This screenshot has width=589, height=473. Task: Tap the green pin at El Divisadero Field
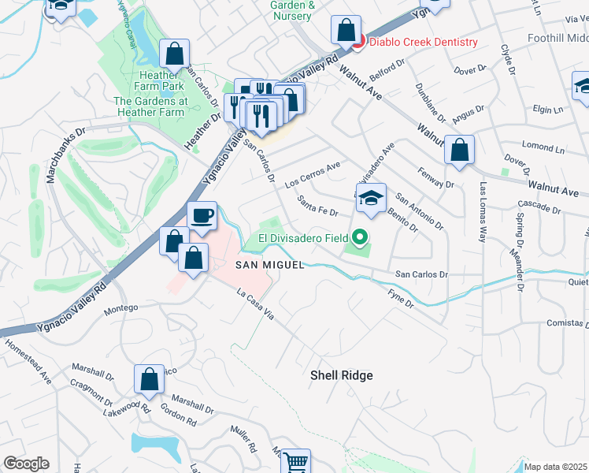coord(360,236)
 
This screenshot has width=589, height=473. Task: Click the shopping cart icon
coord(295,461)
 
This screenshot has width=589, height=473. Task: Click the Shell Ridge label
coord(341,376)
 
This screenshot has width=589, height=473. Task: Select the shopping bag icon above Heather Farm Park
coord(175,54)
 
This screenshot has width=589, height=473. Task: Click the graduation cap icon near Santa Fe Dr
coord(372,199)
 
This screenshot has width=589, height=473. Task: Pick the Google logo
coord(26,464)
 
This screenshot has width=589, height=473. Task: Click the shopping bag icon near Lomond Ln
coord(459,151)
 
